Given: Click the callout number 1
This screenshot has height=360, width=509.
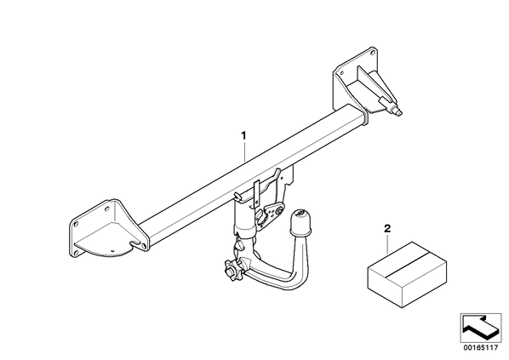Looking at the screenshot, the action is (243, 135).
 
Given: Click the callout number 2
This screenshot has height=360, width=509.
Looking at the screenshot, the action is (387, 229).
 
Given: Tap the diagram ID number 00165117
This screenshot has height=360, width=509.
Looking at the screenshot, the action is (481, 348).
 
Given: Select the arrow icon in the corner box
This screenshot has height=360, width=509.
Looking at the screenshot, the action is (480, 328).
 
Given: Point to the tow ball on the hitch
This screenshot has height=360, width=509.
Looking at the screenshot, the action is (300, 222).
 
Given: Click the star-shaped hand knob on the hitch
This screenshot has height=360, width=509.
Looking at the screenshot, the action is (232, 270).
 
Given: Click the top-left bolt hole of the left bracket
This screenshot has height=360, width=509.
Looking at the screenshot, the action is (77, 224).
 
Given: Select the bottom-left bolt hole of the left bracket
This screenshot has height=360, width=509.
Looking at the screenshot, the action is (77, 252).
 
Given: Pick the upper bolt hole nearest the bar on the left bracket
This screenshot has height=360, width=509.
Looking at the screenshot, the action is (107, 208).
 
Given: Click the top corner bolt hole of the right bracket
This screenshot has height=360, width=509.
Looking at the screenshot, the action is (372, 51).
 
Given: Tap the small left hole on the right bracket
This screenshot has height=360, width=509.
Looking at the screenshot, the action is (341, 72).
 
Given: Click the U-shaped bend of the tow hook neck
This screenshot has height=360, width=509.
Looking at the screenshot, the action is (286, 278).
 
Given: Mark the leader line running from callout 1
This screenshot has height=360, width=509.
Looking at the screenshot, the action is (244, 151).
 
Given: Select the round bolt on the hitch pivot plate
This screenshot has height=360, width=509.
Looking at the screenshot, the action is (279, 211).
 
